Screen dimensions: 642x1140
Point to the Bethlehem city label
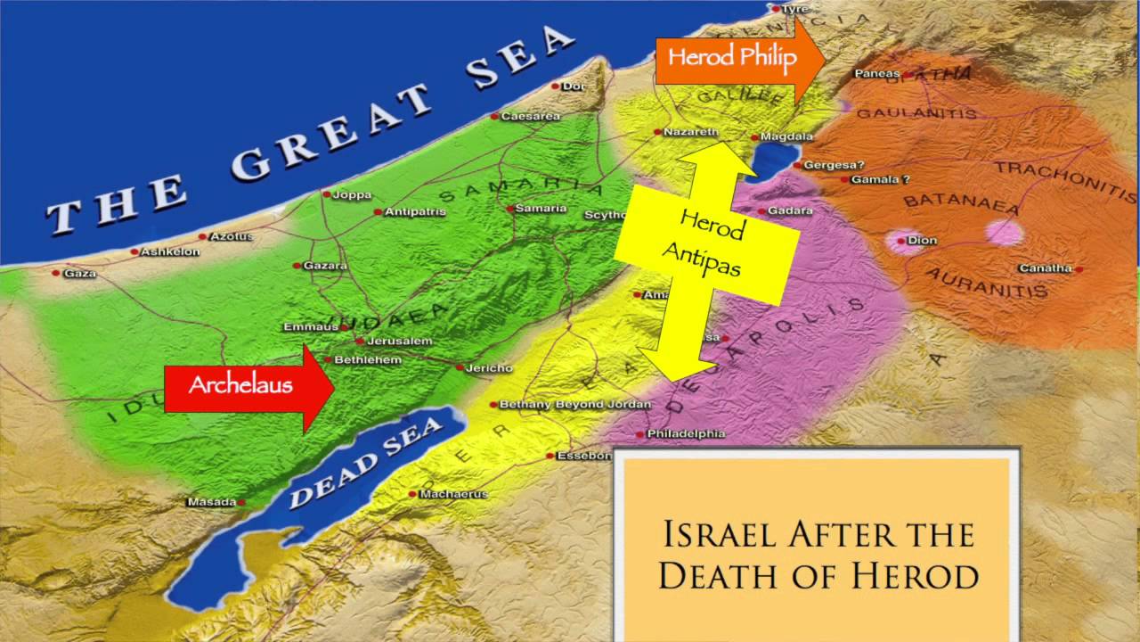tap(368, 360)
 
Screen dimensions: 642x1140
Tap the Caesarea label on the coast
tap(530, 117)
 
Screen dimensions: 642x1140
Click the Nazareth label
tap(691, 132)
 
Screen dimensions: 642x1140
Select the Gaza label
tap(80, 274)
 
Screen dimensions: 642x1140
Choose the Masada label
tap(211, 502)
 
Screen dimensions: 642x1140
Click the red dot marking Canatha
tap(1079, 269)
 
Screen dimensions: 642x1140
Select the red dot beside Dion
tap(901, 241)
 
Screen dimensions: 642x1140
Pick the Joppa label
tap(352, 194)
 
